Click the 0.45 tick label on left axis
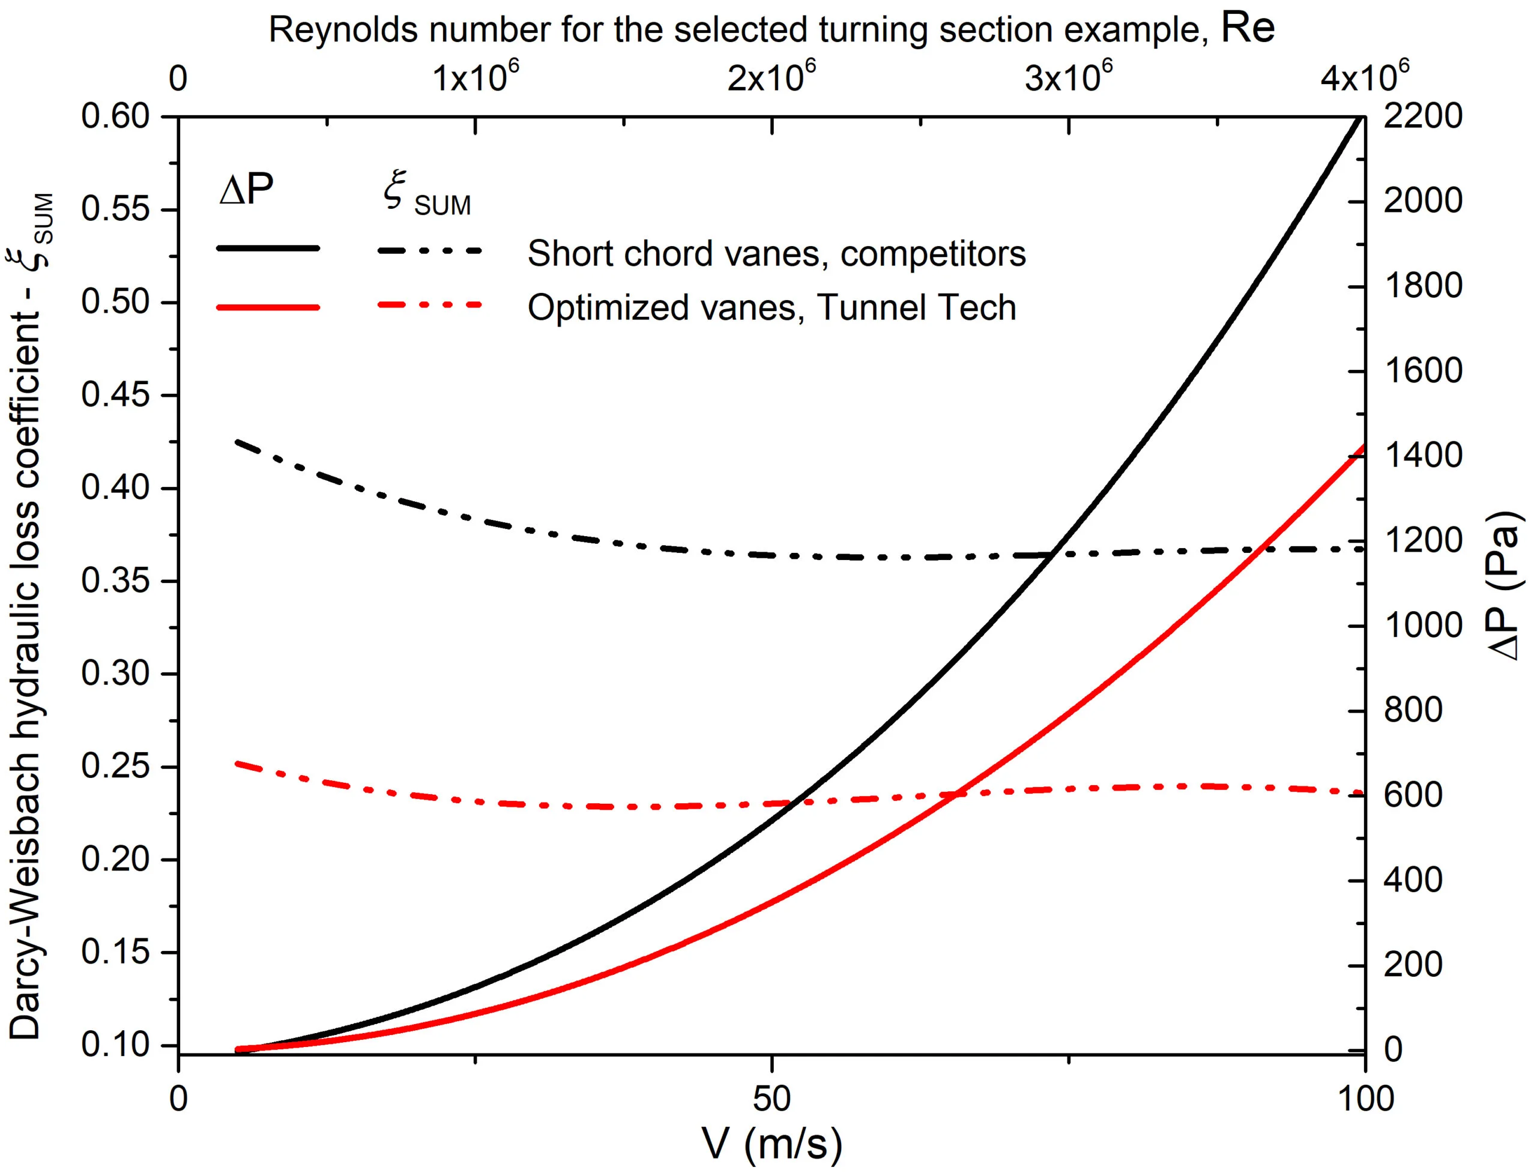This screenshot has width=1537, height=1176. [x=115, y=396]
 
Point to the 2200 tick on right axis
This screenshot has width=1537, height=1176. [x=1422, y=116]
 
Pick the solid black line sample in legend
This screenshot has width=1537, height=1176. [x=268, y=249]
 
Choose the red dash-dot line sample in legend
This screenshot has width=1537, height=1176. [x=430, y=305]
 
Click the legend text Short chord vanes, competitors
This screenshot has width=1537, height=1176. [x=776, y=253]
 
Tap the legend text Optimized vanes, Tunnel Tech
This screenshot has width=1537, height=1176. [x=772, y=308]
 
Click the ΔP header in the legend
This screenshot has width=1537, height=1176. [x=246, y=189]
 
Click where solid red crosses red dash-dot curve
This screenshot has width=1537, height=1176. [x=956, y=794]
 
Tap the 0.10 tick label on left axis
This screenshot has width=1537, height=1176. [x=115, y=1045]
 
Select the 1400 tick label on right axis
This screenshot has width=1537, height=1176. [x=1422, y=456]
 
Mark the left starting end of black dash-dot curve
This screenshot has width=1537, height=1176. [x=237, y=442]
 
